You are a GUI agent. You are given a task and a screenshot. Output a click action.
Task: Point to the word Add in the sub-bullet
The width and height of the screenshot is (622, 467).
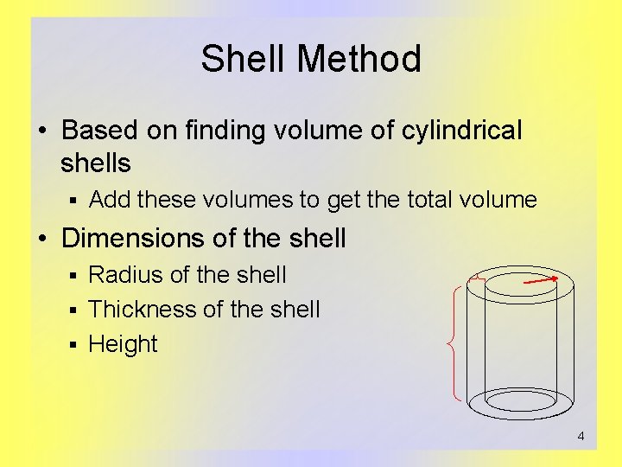(x=109, y=201)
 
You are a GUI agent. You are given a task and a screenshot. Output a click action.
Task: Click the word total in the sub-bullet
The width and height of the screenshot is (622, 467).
(x=429, y=201)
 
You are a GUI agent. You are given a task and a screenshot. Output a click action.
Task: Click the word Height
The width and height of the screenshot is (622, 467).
(x=124, y=344)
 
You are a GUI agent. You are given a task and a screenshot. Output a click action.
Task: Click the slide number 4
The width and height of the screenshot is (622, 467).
(x=581, y=436)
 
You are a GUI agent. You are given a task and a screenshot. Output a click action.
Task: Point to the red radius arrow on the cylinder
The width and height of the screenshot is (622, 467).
(x=541, y=281)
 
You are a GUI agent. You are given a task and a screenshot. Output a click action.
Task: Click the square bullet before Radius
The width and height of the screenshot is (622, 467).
(x=74, y=276)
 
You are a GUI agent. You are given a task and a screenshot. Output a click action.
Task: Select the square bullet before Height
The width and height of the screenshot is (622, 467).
(x=74, y=345)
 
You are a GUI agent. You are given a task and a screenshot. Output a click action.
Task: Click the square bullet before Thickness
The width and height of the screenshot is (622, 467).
(x=74, y=310)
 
